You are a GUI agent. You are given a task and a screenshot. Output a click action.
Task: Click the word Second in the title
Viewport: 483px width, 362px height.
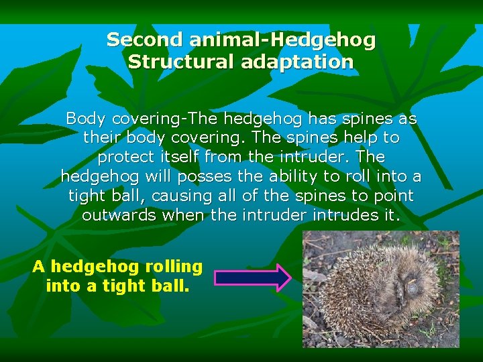pyautogui.click(x=136, y=40)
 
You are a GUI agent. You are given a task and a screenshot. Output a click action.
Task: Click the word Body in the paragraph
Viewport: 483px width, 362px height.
pyautogui.click(x=85, y=119)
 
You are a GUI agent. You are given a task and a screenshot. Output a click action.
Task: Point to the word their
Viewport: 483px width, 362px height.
pyautogui.click(x=101, y=139)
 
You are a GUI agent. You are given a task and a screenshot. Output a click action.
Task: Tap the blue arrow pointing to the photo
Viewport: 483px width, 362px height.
pyautogui.click(x=252, y=277)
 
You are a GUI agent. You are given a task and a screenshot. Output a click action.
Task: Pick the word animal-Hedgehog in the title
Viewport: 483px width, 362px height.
pyautogui.click(x=282, y=40)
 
